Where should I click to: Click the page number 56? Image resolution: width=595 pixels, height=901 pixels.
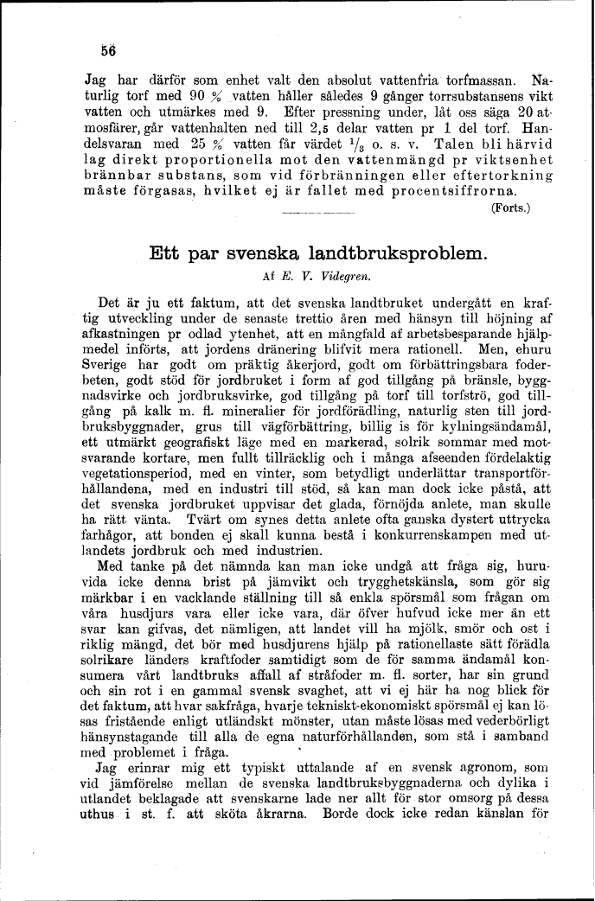(x=108, y=49)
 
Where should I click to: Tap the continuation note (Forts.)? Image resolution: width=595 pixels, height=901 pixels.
(x=510, y=208)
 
